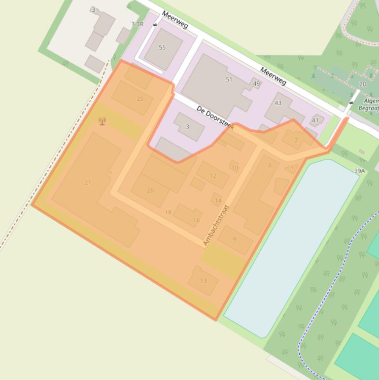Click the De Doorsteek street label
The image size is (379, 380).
pos(215,118)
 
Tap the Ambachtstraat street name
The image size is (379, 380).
pos(216,225)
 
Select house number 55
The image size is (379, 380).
pos(162,48)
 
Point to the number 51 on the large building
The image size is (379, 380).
pos(229,79)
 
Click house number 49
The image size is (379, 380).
pos(256,84)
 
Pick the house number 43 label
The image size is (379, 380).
pos(278,103)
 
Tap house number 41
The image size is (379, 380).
pos(315,120)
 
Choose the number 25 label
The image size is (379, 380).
pos(140,99)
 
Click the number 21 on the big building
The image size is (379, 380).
pos(88,183)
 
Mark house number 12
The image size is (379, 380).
pos(213,176)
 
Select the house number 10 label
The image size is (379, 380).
pos(235,168)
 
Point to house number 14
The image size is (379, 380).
pos(218,201)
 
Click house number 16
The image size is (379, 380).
pos(196,220)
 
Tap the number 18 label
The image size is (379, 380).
pos(168,213)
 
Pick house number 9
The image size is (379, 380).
pos(235,239)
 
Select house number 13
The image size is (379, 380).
pos(204,281)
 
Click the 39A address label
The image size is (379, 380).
pos(359,171)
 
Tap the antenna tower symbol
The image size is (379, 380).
pos(102,121)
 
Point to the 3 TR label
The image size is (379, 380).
pos(138,24)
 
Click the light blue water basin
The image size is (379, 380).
pos(291,247)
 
